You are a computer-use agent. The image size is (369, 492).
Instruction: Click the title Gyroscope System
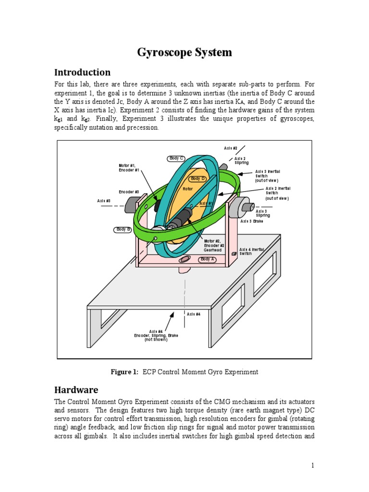click(184, 52)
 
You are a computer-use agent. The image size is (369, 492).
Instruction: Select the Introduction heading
click(82, 73)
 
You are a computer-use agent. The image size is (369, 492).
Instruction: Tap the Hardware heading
click(76, 390)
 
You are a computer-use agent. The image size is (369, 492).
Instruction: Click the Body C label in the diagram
click(176, 158)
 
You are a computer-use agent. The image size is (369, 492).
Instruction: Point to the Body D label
click(197, 179)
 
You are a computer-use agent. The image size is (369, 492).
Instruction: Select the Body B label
click(123, 230)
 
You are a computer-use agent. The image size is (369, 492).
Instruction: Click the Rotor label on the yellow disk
click(187, 189)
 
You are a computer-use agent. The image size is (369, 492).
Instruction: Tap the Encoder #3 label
click(129, 192)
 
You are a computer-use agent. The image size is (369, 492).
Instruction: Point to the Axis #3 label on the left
click(104, 200)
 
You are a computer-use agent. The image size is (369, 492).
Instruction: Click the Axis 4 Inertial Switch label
click(252, 251)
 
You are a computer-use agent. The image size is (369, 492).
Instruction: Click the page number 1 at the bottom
click(312, 465)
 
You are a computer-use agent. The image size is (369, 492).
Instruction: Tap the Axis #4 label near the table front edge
click(194, 314)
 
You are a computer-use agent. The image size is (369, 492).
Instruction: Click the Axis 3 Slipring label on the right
click(263, 213)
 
